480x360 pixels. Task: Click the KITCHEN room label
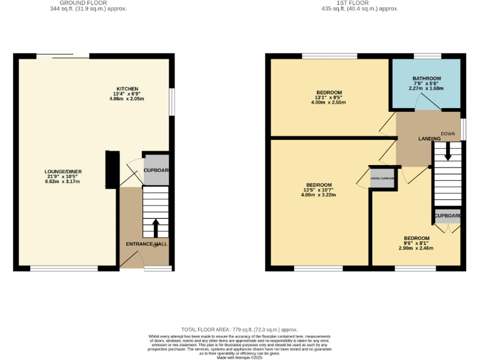point(127,89)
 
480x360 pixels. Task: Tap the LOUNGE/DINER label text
point(63,171)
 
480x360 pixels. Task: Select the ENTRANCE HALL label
point(146,244)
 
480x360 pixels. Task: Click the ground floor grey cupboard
point(156,171)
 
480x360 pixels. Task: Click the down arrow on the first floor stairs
point(447,150)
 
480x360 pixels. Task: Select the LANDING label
point(429,138)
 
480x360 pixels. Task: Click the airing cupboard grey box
point(382,178)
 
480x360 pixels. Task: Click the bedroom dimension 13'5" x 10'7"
point(319,190)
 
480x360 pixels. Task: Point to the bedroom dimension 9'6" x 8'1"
point(416,243)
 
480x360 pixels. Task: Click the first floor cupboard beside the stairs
point(447,216)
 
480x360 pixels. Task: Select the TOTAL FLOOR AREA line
point(239,329)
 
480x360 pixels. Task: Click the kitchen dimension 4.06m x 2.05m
point(127,99)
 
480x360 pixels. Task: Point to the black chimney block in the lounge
point(112,169)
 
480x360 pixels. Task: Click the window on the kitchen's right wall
point(172,101)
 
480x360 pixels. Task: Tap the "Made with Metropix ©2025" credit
point(239,357)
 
